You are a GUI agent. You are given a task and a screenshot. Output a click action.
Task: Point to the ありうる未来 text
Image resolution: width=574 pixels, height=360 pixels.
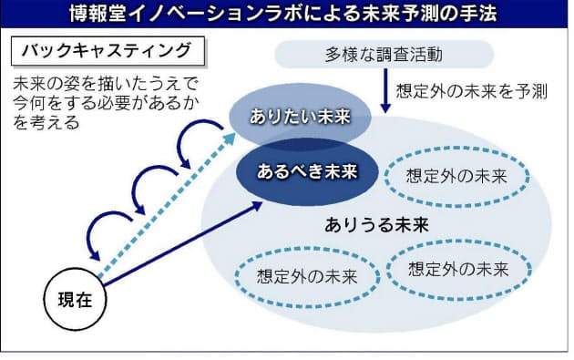click(376, 223)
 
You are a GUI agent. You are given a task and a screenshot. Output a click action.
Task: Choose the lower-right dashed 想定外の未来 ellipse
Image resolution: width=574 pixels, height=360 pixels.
click(457, 269)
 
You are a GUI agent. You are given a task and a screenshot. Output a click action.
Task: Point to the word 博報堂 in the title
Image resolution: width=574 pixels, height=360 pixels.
click(97, 14)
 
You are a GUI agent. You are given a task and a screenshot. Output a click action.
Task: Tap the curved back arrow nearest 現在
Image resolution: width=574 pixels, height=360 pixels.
click(108, 232)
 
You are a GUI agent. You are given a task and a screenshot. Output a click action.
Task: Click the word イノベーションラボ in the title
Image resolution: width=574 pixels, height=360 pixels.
click(209, 14)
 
